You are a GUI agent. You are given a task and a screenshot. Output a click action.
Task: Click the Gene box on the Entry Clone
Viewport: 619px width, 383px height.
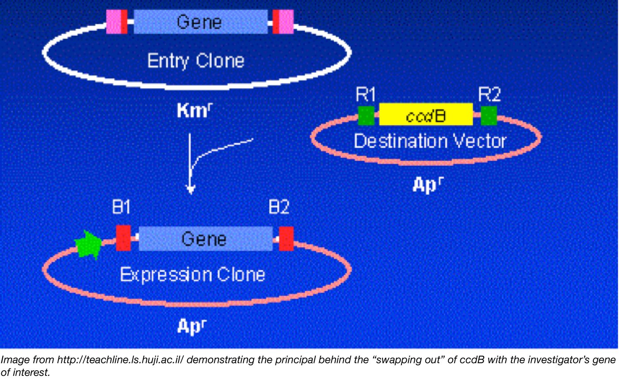click(x=200, y=22)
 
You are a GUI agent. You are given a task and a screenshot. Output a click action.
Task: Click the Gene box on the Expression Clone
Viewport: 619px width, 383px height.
click(x=206, y=239)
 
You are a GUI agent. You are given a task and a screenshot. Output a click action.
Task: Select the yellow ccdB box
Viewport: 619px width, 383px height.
click(x=426, y=115)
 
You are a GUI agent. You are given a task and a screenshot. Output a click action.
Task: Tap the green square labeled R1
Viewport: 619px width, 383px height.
click(x=366, y=115)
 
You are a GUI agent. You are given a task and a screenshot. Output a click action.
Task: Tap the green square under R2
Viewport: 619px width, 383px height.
click(x=489, y=115)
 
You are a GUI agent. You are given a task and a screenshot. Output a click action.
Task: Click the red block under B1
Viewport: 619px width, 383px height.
click(x=123, y=238)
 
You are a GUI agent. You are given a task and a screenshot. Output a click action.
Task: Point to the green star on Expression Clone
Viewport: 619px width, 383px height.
click(x=88, y=245)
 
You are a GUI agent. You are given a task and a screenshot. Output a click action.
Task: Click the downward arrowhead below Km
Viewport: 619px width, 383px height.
click(x=191, y=190)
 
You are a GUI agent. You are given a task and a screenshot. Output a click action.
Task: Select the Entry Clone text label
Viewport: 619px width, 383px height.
click(x=195, y=61)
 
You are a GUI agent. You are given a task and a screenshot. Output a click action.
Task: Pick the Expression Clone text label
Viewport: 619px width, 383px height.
click(x=192, y=275)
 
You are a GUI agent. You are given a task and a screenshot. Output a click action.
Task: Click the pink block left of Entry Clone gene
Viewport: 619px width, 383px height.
click(x=114, y=22)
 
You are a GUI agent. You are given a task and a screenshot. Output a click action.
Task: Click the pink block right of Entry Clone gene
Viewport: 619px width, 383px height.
click(x=286, y=22)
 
